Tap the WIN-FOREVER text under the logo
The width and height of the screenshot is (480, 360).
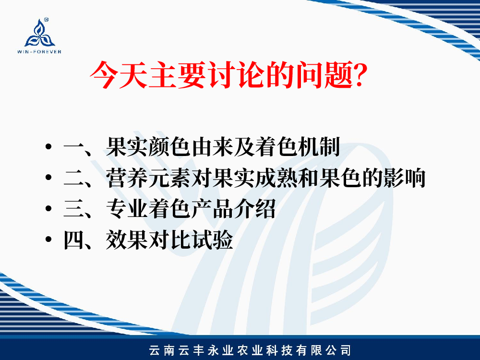click(x=39, y=52)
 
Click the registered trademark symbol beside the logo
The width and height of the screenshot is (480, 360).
click(x=47, y=20)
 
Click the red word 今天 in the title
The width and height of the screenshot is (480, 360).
click(x=119, y=75)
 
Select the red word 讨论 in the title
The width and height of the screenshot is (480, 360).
click(x=236, y=75)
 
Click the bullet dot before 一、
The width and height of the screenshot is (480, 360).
click(x=48, y=146)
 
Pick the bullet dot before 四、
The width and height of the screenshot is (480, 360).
click(x=48, y=239)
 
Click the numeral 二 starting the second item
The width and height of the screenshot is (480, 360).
click(x=74, y=178)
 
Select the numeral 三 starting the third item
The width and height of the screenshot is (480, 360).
click(x=74, y=208)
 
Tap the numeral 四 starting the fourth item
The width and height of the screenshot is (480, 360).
click(x=74, y=240)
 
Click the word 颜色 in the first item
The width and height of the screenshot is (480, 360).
click(x=169, y=147)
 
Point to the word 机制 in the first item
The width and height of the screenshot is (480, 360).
click(x=319, y=147)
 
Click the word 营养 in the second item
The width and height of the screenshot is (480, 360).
click(x=127, y=178)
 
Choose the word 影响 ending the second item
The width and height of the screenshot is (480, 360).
click(x=405, y=178)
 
